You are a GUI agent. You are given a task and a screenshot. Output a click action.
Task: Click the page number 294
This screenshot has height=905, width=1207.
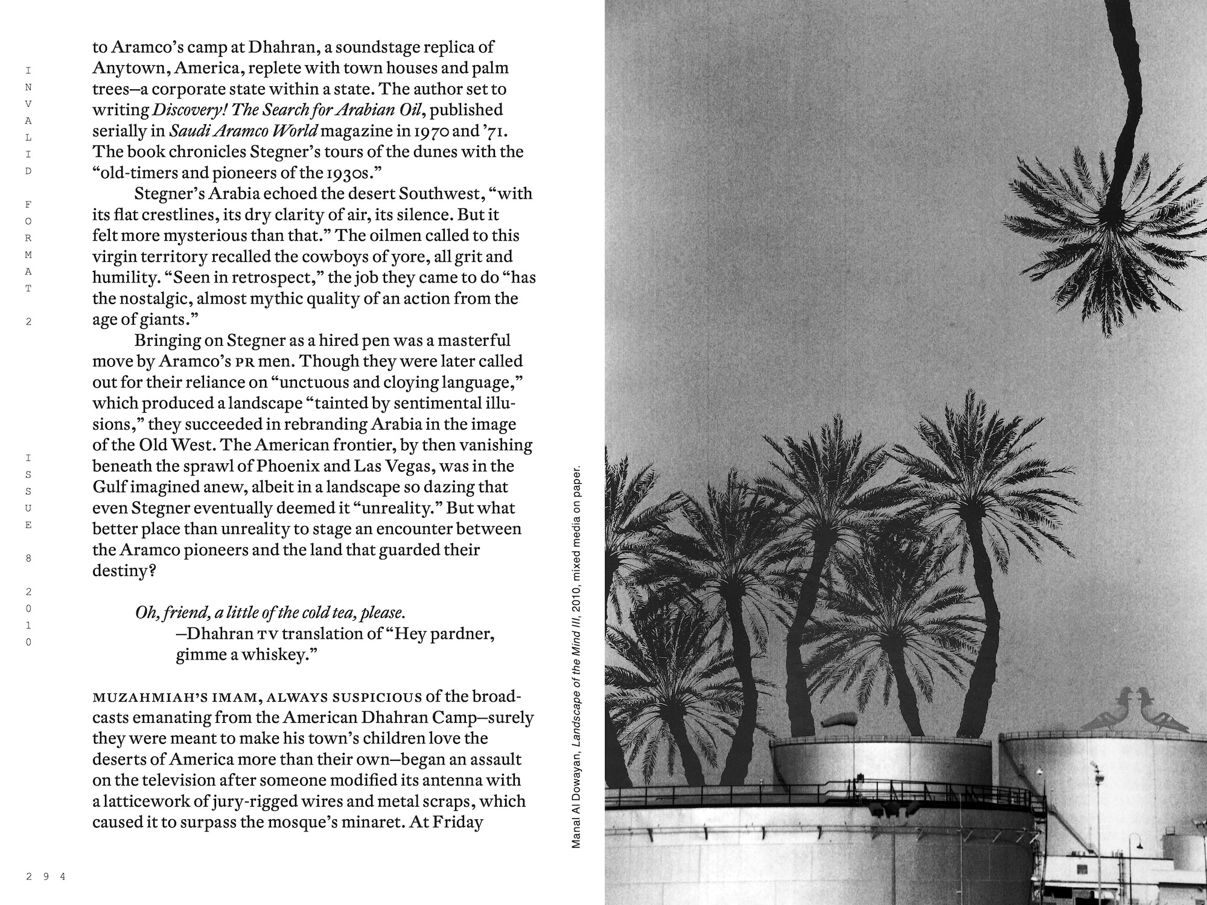45,877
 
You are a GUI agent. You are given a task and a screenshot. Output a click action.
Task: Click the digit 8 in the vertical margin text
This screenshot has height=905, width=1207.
28,558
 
